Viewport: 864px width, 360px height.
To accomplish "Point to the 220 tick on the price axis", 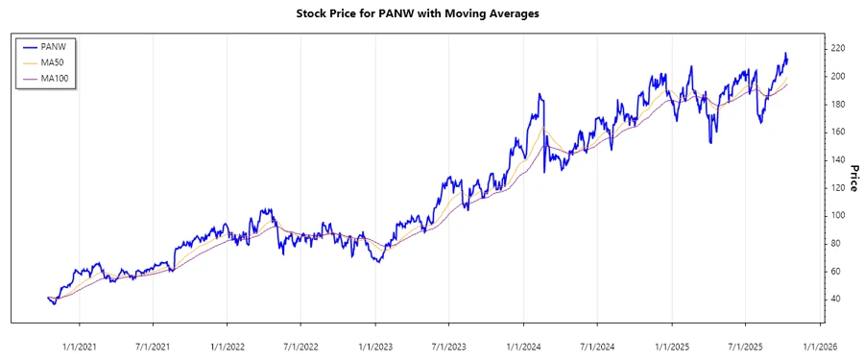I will tap(838, 48).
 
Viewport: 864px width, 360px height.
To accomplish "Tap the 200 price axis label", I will tap(838, 76).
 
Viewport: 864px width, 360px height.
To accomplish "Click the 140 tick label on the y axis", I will tap(838, 159).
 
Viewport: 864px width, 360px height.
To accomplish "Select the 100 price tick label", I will tap(838, 215).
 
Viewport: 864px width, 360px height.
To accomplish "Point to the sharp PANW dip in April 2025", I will tap(710, 143).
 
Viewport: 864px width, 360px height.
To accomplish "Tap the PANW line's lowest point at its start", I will tap(54, 304).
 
